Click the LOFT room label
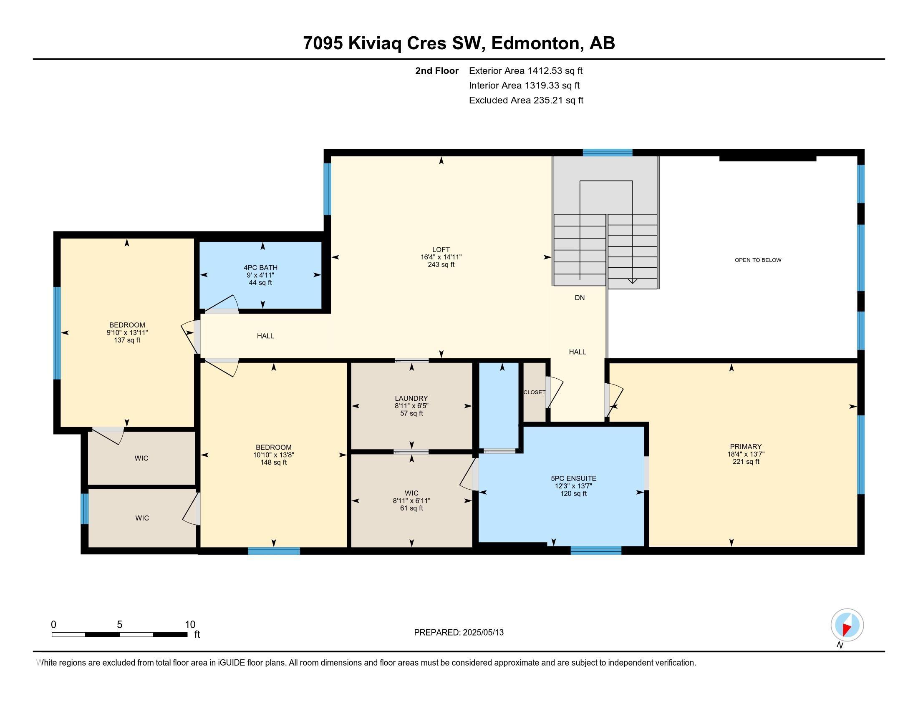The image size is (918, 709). coord(441,249)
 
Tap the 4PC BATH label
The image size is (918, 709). coord(260,268)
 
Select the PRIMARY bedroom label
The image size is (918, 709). coord(746,447)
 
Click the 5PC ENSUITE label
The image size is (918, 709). coord(573,478)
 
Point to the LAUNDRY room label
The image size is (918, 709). coord(411,398)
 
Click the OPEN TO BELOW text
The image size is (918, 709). coord(758,260)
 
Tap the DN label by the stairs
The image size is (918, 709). coord(580,298)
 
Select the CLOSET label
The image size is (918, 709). coord(534,392)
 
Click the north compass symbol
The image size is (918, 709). coord(847,625)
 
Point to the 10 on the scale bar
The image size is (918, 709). coord(190,625)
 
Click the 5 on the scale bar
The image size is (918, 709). coord(119,625)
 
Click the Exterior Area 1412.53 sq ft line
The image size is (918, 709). coord(525,70)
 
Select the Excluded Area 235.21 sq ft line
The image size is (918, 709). coord(526,100)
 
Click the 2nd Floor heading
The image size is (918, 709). coord(436,70)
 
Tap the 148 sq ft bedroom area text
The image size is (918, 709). coord(273,463)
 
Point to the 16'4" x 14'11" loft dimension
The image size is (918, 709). coord(441,257)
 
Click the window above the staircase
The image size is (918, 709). coord(607,153)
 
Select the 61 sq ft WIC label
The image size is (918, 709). coord(411,508)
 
